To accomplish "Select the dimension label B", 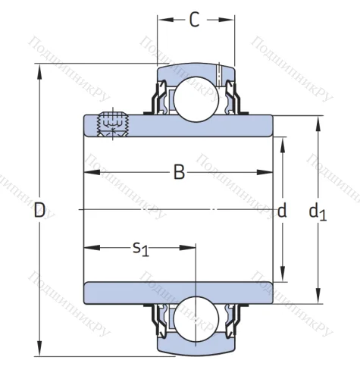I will tap(179, 173).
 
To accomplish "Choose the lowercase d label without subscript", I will tap(282, 211).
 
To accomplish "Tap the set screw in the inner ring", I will tap(111, 124).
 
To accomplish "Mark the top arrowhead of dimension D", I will tap(39, 70).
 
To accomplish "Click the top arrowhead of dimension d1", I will tap(318, 121).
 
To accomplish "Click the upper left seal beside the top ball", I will tap(161, 99).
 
